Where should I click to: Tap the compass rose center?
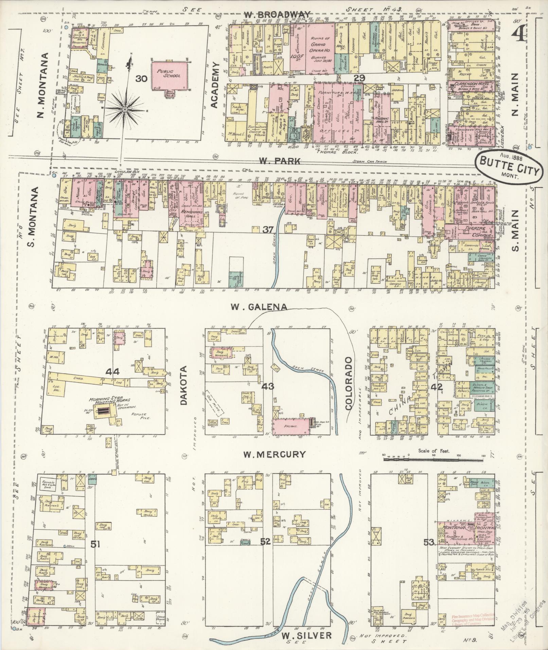tap(125, 109)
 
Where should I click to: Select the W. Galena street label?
tap(258, 307)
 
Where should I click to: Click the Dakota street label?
tap(184, 386)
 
